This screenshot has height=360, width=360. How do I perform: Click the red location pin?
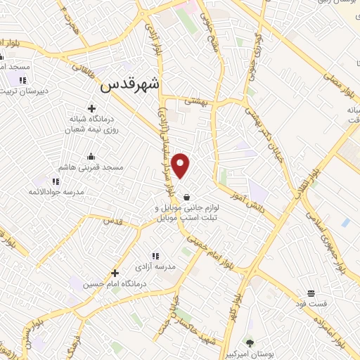coord(181,166)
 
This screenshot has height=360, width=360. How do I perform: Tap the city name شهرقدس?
coord(131,85)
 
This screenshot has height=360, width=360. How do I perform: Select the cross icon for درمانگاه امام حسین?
coord(115,273)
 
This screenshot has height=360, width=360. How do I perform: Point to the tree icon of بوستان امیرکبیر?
coord(250,342)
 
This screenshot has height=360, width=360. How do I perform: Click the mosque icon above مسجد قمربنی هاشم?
coord(91,156)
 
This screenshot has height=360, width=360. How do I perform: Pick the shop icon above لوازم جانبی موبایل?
coord(186,197)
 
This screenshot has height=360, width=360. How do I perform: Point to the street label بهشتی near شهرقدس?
coord(198,101)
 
